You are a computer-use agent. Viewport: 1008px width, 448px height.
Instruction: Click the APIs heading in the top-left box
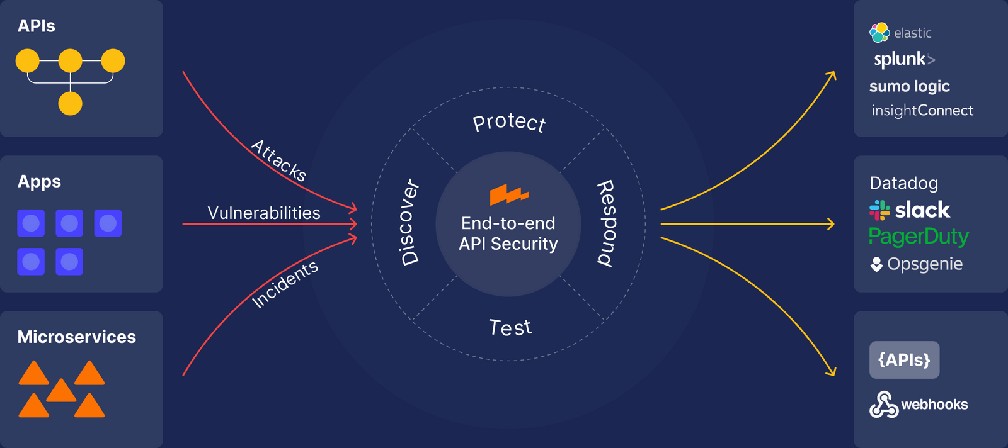(36, 26)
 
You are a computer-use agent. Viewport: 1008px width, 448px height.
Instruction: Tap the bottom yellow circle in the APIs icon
(70, 103)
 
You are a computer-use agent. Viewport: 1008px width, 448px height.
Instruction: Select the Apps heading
(39, 181)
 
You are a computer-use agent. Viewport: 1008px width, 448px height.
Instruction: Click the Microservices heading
(76, 337)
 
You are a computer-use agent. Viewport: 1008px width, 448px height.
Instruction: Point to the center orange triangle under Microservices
(61, 391)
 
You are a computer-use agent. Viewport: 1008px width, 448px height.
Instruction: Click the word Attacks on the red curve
(278, 160)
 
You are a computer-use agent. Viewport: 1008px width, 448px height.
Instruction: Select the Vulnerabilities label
(263, 213)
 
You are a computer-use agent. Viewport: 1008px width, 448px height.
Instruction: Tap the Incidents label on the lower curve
(285, 284)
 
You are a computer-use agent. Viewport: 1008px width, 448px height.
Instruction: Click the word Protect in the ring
(509, 121)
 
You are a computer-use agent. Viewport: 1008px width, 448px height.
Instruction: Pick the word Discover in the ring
(409, 222)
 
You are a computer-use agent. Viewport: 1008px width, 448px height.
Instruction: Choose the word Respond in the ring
(606, 223)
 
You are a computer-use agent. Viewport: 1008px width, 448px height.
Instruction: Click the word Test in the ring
(510, 328)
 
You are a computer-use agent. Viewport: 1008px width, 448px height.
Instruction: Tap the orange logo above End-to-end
(508, 194)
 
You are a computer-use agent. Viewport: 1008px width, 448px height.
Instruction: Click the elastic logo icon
(879, 33)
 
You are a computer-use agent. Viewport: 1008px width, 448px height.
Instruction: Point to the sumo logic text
(909, 86)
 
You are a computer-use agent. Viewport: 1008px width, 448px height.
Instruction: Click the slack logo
(910, 210)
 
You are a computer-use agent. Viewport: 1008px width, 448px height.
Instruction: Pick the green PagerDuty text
(919, 237)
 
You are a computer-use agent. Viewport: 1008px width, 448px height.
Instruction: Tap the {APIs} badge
(904, 360)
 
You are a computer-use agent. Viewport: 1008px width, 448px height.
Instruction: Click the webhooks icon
(883, 405)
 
